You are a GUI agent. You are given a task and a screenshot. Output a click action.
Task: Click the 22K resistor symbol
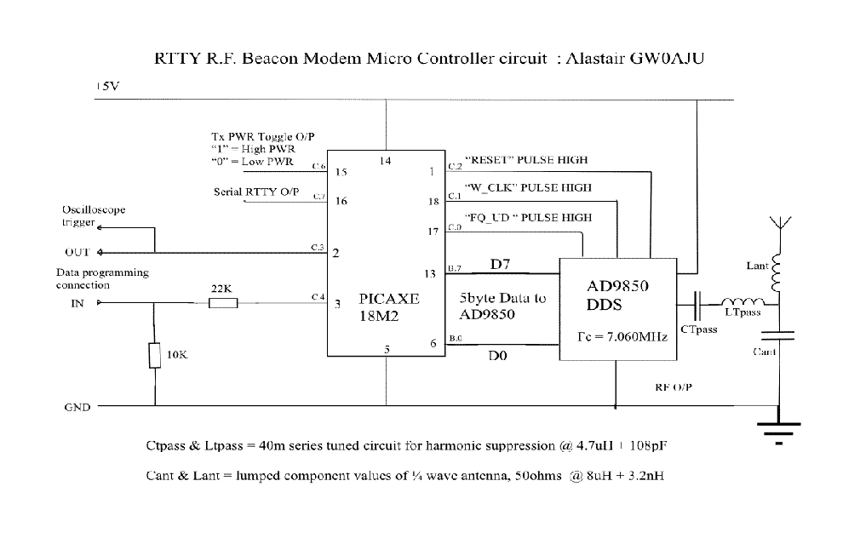tap(223, 302)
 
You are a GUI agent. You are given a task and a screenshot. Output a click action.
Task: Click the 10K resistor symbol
tap(155, 355)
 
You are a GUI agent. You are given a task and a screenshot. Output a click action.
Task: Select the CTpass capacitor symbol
tap(699, 302)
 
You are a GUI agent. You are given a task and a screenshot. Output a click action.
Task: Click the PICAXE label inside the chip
tap(389, 299)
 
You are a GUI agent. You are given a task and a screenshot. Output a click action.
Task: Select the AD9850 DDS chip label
tap(617, 295)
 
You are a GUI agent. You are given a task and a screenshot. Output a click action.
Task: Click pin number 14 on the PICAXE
tap(385, 160)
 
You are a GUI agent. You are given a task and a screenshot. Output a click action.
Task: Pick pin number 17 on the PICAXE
tap(433, 232)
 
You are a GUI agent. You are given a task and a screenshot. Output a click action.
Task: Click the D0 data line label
tap(498, 355)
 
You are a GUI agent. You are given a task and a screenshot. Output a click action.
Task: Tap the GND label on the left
tap(77, 407)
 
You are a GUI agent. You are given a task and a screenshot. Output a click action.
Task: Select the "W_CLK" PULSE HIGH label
tap(528, 187)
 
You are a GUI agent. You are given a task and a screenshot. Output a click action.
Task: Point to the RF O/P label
tap(674, 386)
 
